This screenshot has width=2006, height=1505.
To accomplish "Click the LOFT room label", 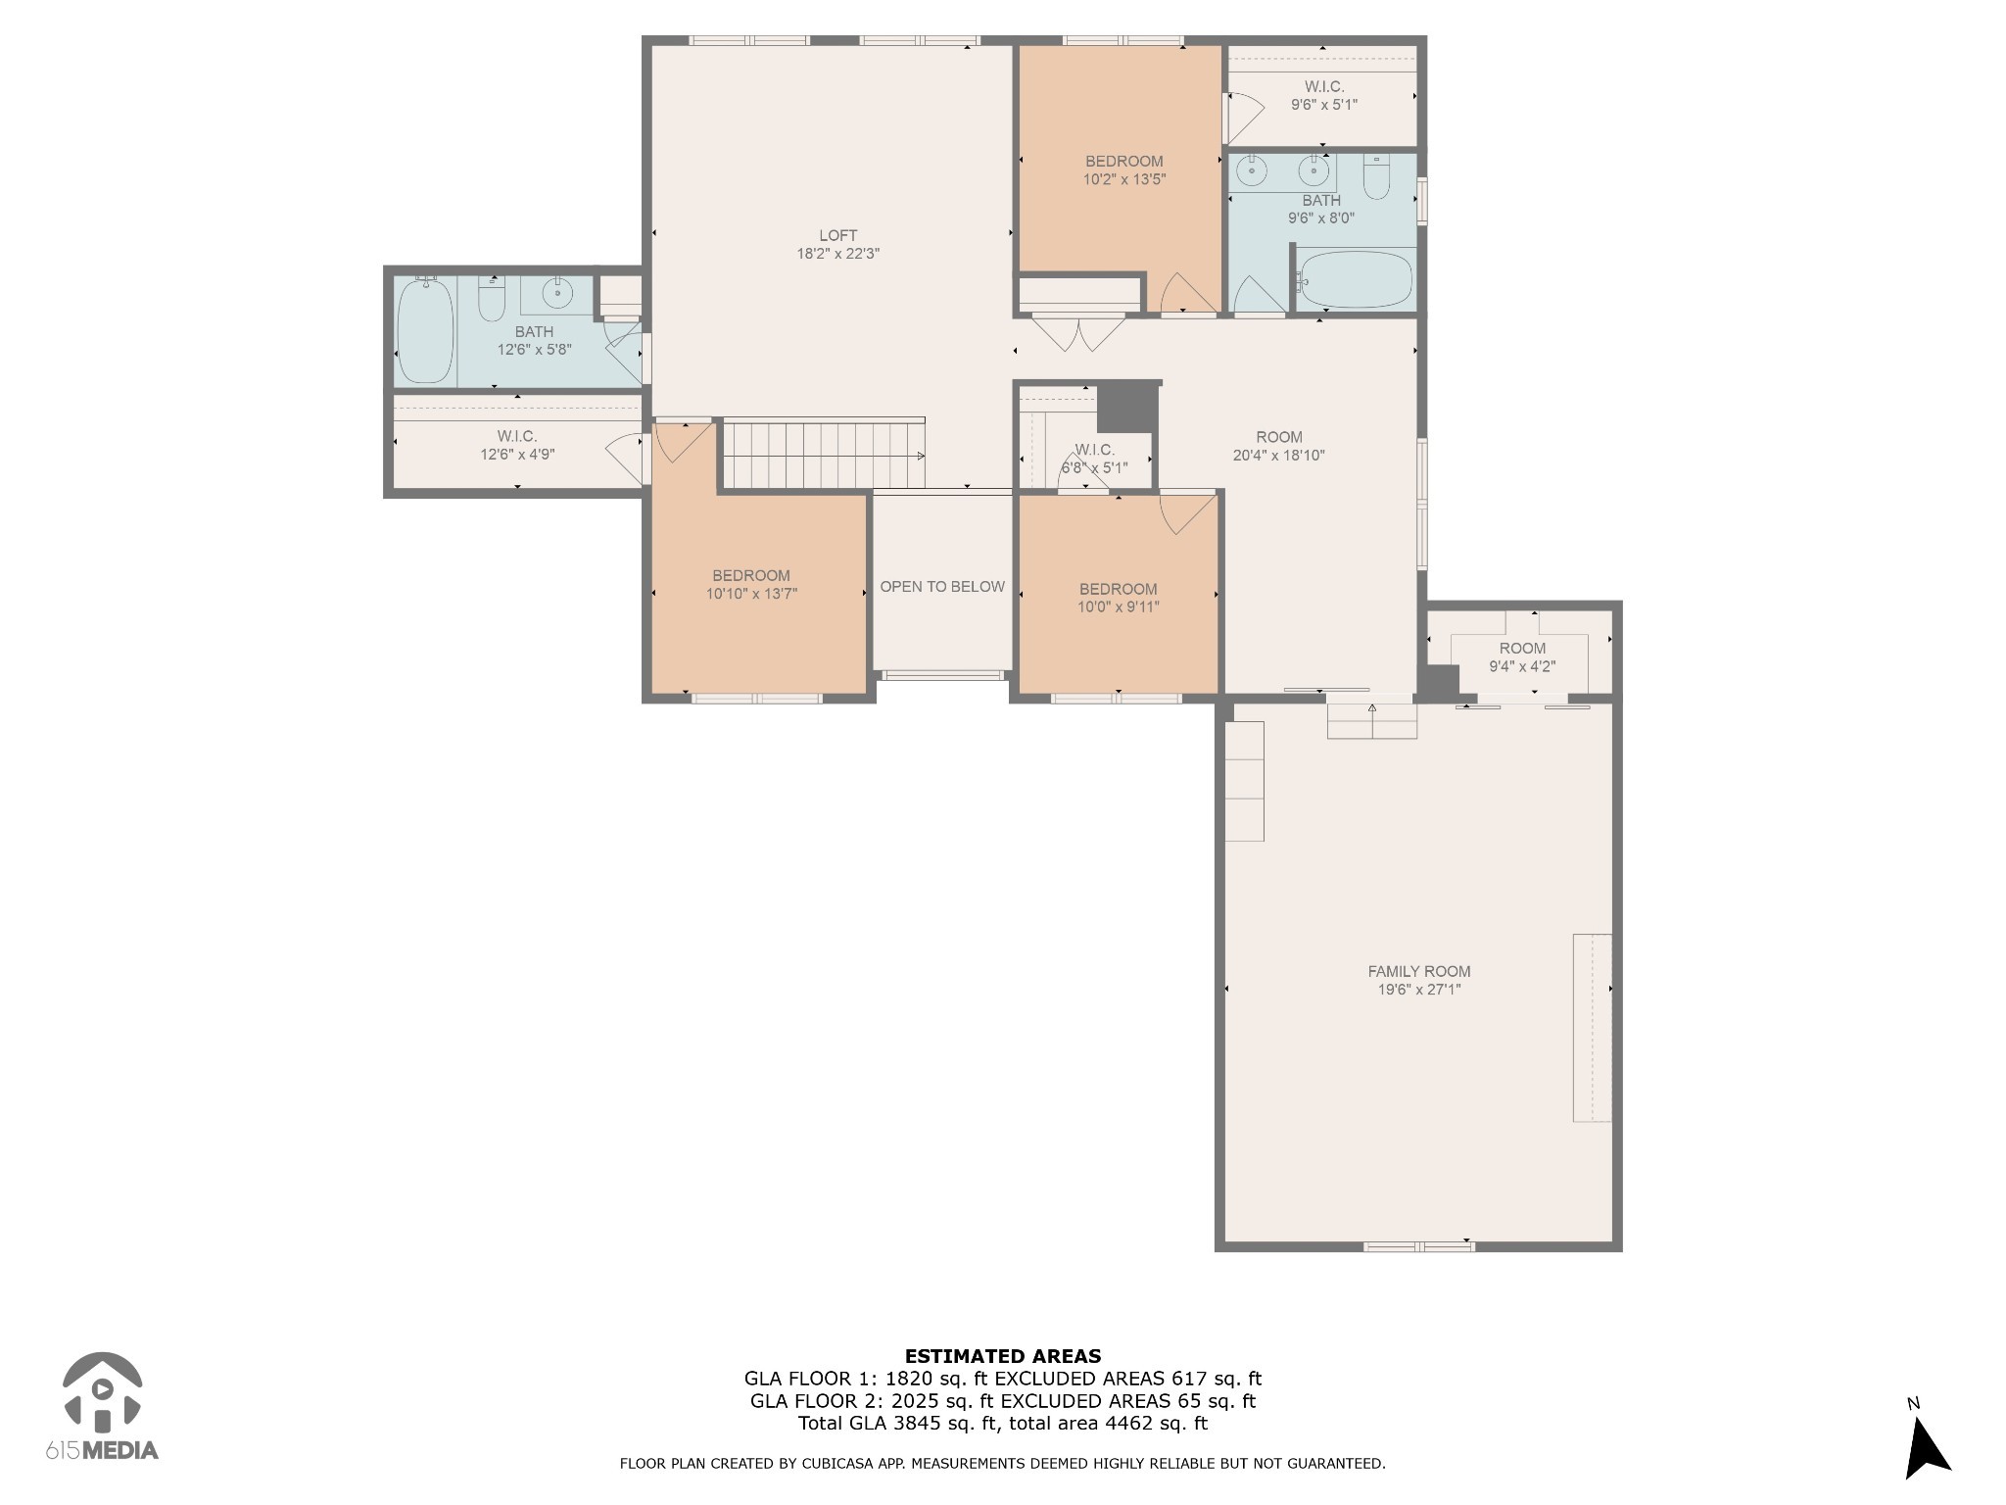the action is [837, 235].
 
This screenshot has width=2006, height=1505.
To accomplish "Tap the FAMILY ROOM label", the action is [1419, 972].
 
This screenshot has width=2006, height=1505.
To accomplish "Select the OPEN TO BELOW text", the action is [942, 587].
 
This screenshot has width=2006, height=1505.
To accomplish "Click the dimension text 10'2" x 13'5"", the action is [1124, 179].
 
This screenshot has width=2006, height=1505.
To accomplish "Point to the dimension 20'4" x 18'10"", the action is [1279, 455].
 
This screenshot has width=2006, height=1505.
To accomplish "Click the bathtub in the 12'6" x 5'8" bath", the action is [425, 331].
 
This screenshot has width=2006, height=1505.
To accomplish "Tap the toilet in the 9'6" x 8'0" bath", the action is [1376, 177].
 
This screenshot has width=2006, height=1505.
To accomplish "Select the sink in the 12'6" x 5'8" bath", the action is [557, 293].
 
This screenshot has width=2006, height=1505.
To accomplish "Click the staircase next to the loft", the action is [824, 453].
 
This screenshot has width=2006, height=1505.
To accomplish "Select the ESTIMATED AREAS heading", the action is [1003, 1357].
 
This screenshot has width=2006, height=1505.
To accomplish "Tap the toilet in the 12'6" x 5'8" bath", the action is [491, 299].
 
